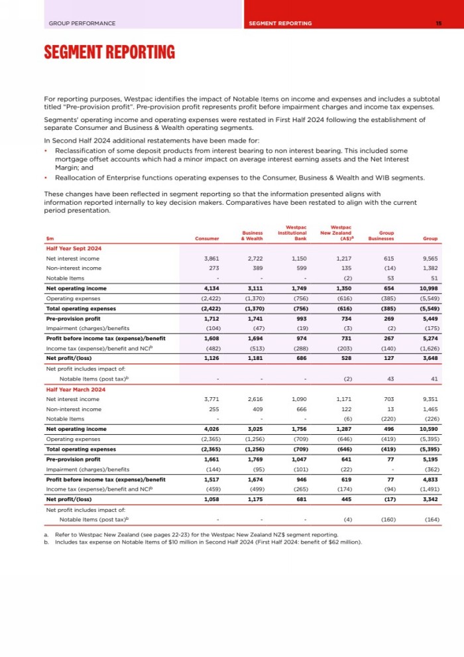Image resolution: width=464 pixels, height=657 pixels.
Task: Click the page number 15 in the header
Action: [x=438, y=23]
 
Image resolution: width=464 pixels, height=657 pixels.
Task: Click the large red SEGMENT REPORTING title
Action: [x=109, y=52]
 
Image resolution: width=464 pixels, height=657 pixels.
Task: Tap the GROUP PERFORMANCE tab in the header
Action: [x=82, y=23]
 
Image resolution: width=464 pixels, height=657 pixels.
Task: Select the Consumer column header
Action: [x=207, y=239]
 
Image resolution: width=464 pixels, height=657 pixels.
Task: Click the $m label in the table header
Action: [x=50, y=239]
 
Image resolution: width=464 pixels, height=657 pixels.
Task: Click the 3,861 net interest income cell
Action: [x=217, y=258]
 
